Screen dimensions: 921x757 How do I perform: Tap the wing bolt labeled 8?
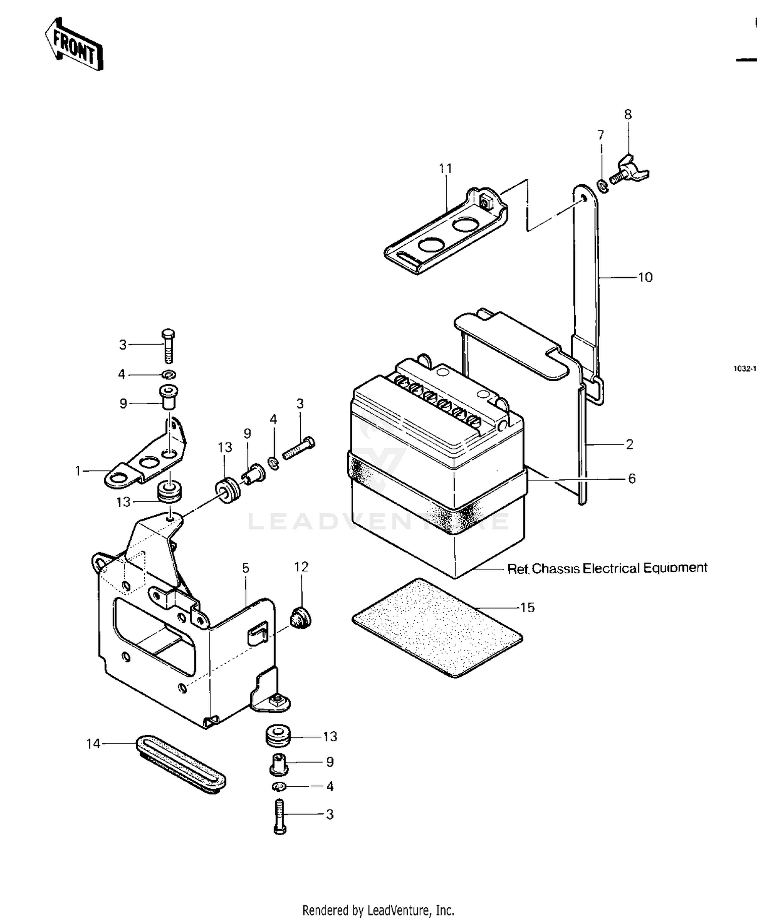tap(630, 172)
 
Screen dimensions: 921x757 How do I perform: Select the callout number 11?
tap(445, 169)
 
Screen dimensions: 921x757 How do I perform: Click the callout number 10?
tap(645, 278)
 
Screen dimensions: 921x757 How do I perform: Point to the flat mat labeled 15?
tap(437, 627)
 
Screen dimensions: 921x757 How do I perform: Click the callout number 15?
tap(527, 608)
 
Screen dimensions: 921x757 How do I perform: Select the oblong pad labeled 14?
tap(181, 764)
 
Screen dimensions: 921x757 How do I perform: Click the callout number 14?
tap(93, 744)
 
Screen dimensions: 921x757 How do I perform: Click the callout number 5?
tap(246, 568)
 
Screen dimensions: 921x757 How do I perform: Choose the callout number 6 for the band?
tap(632, 478)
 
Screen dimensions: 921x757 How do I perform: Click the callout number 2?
tap(629, 445)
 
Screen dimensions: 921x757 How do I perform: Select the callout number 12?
tap(301, 567)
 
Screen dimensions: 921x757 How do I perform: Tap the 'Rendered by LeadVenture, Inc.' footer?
tap(378, 910)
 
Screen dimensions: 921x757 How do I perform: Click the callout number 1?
tap(78, 471)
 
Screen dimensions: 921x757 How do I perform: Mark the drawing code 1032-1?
tap(745, 369)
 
